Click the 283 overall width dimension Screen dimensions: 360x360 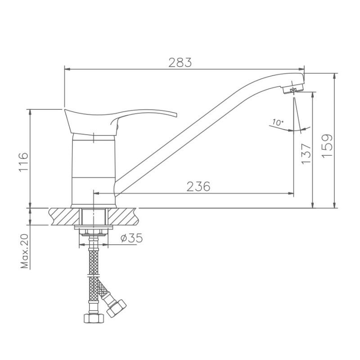click(180, 63)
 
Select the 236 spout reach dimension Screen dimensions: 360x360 click(198, 186)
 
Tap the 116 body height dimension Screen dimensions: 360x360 click(24, 162)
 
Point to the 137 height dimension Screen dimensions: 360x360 click(306, 153)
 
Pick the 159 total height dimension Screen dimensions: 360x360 click(327, 146)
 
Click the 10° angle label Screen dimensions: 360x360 click(278, 122)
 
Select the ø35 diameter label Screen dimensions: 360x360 click(131, 238)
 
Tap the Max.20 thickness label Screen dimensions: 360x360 click(24, 251)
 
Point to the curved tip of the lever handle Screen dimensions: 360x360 click(175, 114)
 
